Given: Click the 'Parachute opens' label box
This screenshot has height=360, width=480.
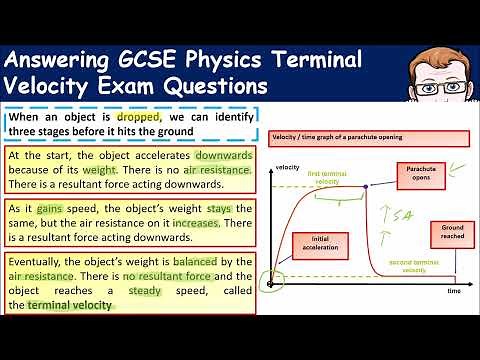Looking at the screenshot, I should [x=417, y=176].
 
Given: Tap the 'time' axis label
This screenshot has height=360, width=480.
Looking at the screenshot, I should [x=453, y=290].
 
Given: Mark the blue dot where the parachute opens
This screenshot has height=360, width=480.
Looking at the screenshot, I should [x=367, y=186].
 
